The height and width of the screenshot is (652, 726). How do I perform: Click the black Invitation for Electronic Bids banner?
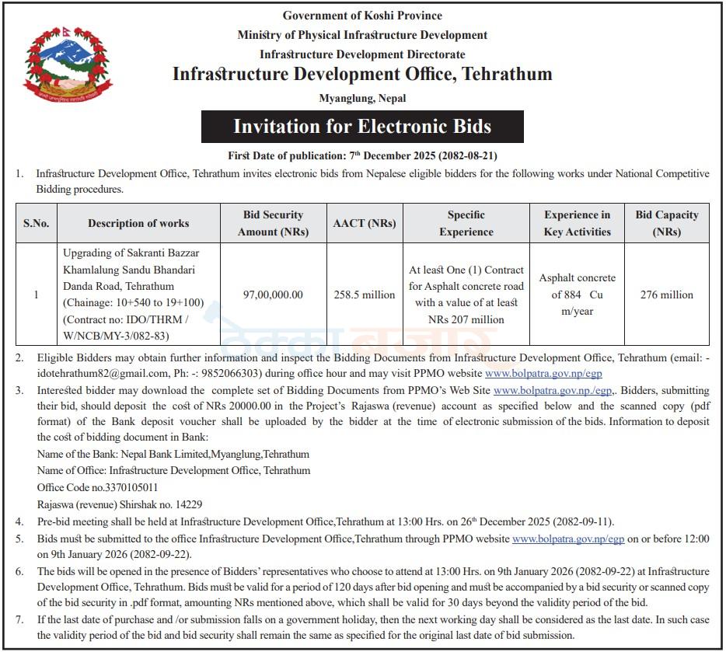[362, 127]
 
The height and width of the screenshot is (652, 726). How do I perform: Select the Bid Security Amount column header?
[273, 223]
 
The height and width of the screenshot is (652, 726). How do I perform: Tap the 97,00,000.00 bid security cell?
[273, 295]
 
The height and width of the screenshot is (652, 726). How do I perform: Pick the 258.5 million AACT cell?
[364, 295]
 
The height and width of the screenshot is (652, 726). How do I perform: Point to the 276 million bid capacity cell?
[666, 295]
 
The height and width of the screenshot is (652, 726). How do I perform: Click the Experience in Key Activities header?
[577, 223]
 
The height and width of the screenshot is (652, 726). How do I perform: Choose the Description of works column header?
[138, 223]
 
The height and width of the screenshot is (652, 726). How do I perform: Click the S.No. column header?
[36, 223]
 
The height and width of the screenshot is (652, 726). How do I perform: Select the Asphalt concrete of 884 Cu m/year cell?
[577, 295]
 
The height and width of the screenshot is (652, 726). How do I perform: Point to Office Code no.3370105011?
[98, 487]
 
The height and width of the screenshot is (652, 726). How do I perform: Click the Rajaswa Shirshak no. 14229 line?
[120, 504]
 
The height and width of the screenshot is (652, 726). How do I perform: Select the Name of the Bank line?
[173, 455]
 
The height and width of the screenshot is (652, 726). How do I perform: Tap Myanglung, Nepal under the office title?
[362, 98]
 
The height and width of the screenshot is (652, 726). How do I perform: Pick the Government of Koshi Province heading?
[362, 16]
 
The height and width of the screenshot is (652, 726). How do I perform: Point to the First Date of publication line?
[362, 155]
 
